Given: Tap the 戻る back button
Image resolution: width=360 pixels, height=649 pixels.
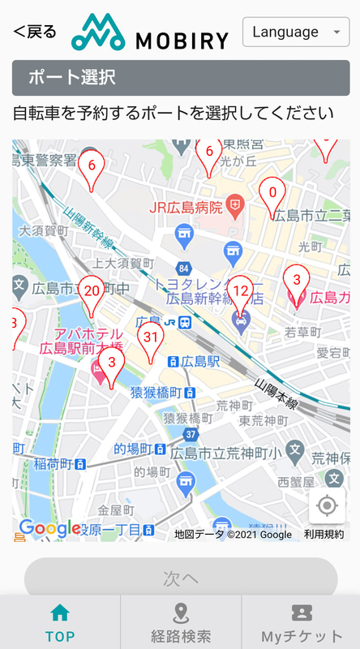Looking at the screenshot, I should [x=35, y=32].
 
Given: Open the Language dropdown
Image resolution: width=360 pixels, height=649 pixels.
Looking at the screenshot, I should [x=296, y=32].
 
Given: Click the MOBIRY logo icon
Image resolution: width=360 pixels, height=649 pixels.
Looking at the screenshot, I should [x=96, y=33].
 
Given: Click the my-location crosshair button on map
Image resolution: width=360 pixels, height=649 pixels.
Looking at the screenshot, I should [x=327, y=506].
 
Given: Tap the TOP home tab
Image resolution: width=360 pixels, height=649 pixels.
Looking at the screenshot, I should [x=60, y=622].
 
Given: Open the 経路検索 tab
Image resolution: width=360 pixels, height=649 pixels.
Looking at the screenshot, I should [x=181, y=622].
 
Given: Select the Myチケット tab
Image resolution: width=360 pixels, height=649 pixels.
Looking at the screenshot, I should [x=302, y=622].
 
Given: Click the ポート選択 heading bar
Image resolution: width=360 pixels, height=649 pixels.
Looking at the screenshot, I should [x=181, y=78].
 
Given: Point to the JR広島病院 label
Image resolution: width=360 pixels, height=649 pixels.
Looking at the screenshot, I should [x=186, y=207].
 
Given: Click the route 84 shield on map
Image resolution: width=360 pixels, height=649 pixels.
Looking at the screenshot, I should [x=185, y=269].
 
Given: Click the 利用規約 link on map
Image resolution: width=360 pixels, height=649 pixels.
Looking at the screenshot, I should [x=324, y=534].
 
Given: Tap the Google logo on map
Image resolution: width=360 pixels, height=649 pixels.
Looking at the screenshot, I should [x=49, y=529].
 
